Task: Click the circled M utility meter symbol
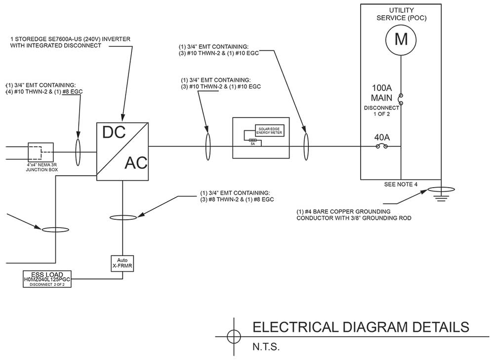401,40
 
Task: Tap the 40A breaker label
381,137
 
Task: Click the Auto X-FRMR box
123,262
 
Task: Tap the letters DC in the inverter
114,132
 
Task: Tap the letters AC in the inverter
135,162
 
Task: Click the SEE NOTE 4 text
401,185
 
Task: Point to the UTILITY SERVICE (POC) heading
401,14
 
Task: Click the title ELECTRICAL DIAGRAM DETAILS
361,327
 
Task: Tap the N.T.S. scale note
266,347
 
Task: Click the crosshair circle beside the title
233,336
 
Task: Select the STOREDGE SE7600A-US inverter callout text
67,42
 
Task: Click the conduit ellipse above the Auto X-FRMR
122,217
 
